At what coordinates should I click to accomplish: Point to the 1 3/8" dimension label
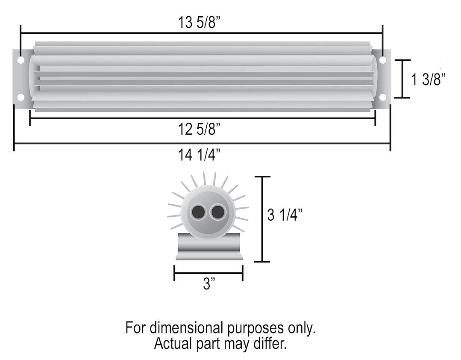pos(429,80)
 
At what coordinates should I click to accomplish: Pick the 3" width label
pos(208,284)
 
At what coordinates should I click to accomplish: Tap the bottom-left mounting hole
pos(21,97)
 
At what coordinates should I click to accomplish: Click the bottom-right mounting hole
pos(382,97)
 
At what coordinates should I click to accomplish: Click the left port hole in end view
pos(198,212)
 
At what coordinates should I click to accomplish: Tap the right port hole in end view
pos(217,212)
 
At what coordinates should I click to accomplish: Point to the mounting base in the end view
pos(209,248)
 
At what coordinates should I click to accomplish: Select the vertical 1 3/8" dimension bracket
pos(402,79)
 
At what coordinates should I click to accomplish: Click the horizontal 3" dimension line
pos(208,273)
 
